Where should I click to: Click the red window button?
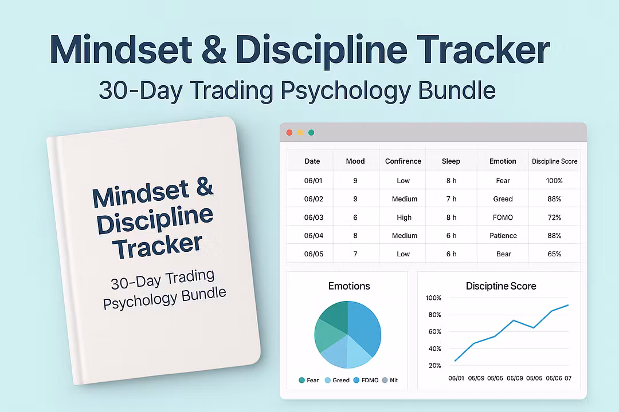click(x=289, y=133)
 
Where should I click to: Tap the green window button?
click(x=311, y=133)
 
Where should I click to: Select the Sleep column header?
click(x=451, y=161)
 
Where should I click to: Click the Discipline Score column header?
click(x=554, y=161)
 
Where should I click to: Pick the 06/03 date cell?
click(x=314, y=217)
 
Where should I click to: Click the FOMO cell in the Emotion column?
click(x=503, y=217)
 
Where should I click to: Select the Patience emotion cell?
click(x=503, y=235)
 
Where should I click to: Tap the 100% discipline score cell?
click(x=554, y=181)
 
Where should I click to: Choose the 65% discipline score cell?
click(x=554, y=254)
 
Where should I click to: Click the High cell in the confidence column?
click(x=404, y=217)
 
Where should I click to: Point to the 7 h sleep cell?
click(x=451, y=199)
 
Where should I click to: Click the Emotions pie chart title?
click(x=349, y=286)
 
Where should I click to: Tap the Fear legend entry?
click(x=309, y=380)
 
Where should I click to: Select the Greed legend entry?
click(x=337, y=380)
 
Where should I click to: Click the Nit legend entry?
click(x=390, y=380)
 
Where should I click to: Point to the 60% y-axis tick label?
click(x=434, y=331)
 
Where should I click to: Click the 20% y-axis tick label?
click(x=434, y=366)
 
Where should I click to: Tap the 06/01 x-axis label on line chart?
click(x=456, y=378)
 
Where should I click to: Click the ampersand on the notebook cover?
click(x=205, y=187)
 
